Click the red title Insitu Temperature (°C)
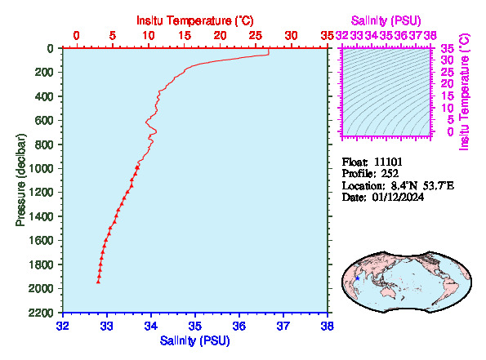click(195, 20)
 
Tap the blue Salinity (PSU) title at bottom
click(195, 340)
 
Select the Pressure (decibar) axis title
click(20, 180)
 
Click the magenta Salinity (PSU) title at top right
click(386, 20)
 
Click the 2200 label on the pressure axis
click(41, 313)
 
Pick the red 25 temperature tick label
click(256, 36)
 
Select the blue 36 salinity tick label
click(239, 327)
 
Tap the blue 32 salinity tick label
click(63, 327)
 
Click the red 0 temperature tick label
click(76, 36)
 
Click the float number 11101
click(388, 162)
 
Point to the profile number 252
click(390, 174)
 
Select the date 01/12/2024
click(398, 198)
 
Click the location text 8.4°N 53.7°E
click(422, 185)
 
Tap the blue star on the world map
click(358, 278)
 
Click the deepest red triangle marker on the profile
click(98, 282)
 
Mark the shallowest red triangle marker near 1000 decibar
click(137, 167)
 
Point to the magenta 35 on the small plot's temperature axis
click(447, 49)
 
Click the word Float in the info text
click(354, 162)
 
